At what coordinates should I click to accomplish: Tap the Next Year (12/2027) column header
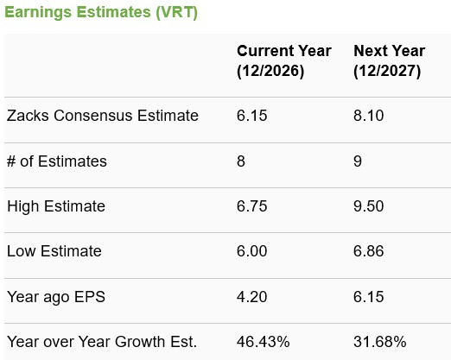point(387,61)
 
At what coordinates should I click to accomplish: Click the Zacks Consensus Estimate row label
point(102,116)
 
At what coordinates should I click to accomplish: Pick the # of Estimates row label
point(57,161)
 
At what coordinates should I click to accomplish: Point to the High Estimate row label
point(56,206)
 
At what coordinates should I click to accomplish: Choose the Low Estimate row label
point(54,252)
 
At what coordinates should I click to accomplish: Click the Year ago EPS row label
point(54,297)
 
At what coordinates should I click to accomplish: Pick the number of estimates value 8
point(241,161)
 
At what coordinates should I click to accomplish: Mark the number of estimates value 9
point(358,161)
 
